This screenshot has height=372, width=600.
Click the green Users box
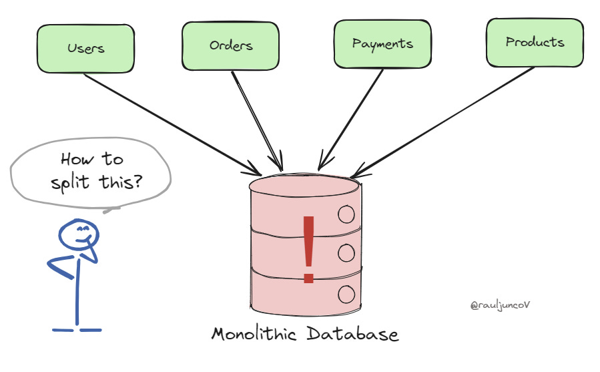coord(86,49)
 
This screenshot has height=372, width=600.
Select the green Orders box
coord(230,46)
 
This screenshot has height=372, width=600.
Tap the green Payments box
coord(382,44)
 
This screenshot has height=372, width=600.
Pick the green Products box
coord(535,42)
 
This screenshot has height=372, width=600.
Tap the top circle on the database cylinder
coord(346,214)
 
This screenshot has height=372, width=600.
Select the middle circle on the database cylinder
coord(346,252)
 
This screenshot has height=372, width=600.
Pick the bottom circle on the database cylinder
coord(346,293)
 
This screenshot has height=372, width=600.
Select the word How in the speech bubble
coord(74,159)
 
